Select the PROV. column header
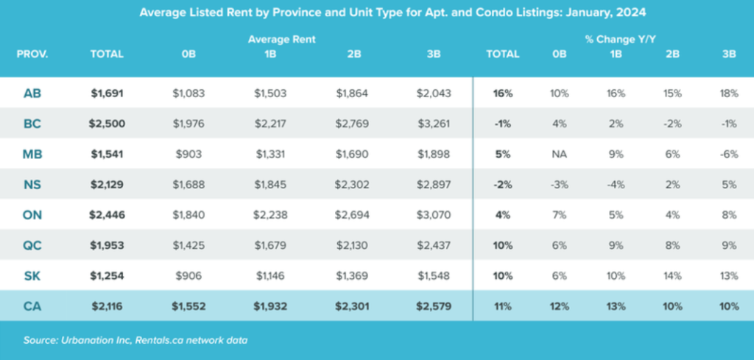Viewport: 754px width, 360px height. [32, 54]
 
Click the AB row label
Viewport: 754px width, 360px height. [32, 93]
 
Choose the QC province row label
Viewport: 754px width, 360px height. [32, 245]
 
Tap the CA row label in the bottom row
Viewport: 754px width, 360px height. [32, 306]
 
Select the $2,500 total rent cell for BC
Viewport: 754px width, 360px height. [108, 124]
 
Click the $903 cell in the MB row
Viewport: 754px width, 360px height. [188, 155]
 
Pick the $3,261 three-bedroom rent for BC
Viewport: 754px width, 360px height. [433, 124]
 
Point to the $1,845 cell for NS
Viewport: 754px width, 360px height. [270, 185]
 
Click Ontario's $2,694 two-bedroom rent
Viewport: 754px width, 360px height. [352, 215]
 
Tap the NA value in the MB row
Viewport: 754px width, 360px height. [560, 155]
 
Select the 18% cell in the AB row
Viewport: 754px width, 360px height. [729, 93]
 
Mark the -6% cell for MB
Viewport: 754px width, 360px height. [729, 155]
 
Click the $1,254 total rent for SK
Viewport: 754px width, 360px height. [108, 275]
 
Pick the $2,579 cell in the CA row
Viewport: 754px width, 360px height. [433, 306]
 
